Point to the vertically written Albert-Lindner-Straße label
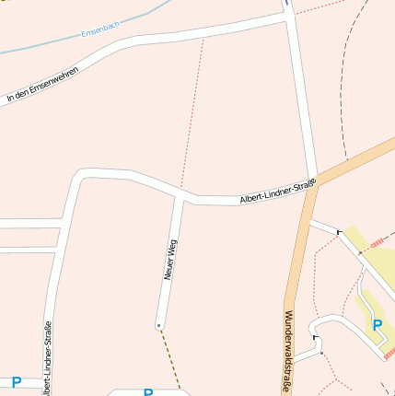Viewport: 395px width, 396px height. click(x=47, y=358)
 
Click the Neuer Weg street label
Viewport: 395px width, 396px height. click(x=170, y=259)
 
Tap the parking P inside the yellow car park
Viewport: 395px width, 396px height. click(x=377, y=324)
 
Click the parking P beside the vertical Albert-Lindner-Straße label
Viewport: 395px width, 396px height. click(x=16, y=381)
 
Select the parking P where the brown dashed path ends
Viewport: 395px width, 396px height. click(x=147, y=391)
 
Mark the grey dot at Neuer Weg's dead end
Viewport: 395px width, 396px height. click(x=158, y=325)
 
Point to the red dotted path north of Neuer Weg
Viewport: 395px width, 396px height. click(x=193, y=111)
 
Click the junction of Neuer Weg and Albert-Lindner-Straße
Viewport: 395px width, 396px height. click(x=180, y=197)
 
